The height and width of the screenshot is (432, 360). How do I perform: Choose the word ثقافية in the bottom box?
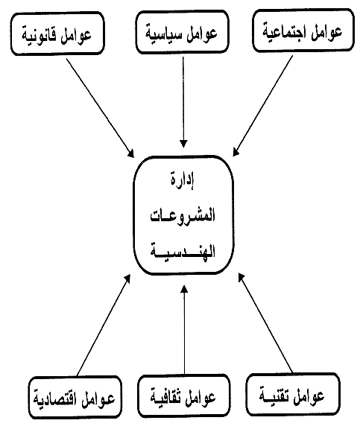[166, 397]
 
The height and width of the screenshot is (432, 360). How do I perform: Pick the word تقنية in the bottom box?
[274, 396]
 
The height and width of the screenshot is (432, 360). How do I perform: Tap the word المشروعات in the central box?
[183, 215]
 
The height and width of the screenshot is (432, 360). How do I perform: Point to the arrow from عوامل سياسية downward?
[183, 102]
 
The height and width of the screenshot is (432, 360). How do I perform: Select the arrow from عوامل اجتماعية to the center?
[262, 106]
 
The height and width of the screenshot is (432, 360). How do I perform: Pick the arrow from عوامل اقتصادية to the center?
[104, 325]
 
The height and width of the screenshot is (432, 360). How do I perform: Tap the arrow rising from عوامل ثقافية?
[184, 330]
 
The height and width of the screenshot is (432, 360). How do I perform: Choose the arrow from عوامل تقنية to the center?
[265, 323]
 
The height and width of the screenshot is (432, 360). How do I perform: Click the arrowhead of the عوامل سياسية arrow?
[183, 144]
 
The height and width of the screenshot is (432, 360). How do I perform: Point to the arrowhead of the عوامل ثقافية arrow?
[184, 289]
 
